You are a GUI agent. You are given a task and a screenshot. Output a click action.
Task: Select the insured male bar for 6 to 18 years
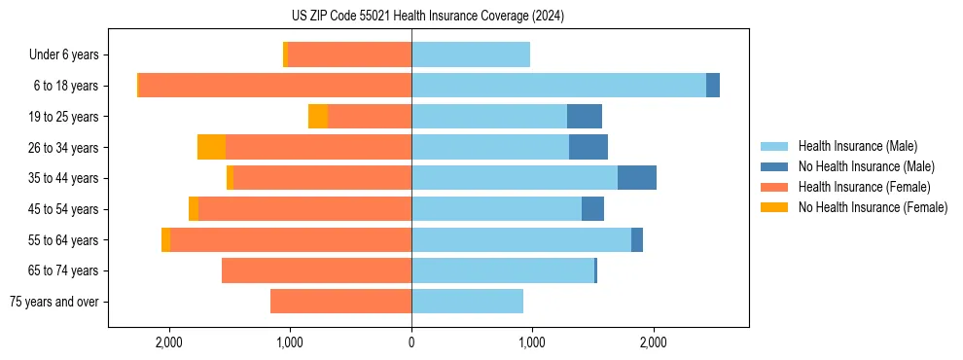[558, 86]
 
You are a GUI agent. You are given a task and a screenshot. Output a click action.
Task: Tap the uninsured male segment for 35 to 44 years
[636, 178]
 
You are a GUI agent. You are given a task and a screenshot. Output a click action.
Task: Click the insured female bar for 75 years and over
[340, 302]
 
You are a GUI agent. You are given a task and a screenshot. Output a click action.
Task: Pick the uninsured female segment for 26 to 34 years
[211, 147]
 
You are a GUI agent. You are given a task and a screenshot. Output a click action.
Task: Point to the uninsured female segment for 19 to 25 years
[318, 117]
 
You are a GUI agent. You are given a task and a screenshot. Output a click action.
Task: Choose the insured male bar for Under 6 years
[471, 54]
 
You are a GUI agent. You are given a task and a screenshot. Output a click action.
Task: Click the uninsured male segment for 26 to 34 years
[588, 147]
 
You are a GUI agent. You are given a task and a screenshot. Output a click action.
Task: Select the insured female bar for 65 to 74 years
[316, 270]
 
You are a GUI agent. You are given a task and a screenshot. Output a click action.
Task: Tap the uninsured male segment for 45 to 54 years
[592, 209]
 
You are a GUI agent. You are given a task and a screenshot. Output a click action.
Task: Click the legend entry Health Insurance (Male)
[857, 146]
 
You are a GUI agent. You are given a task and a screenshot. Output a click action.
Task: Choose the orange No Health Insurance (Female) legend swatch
[774, 207]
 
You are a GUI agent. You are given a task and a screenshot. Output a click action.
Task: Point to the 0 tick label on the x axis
[411, 342]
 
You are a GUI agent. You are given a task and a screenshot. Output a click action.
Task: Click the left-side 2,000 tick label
[169, 342]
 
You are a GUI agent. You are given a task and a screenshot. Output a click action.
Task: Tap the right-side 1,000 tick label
[532, 342]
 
